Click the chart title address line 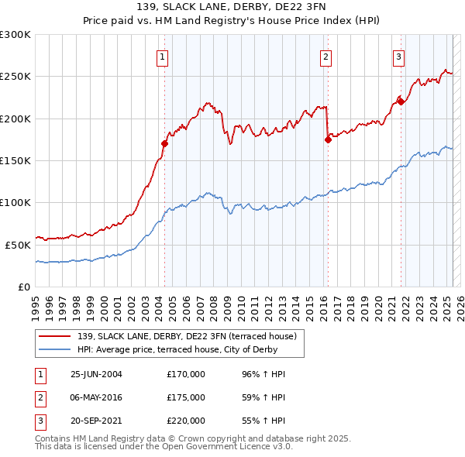point(232,8)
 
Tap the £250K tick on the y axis point(15,77)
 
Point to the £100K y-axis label point(15,203)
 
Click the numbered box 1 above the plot point(163,57)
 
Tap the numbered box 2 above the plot point(325,57)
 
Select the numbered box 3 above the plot point(398,57)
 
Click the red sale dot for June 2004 point(165,143)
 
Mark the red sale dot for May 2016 point(328,139)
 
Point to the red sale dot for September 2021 point(401,101)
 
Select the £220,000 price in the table point(186,421)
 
